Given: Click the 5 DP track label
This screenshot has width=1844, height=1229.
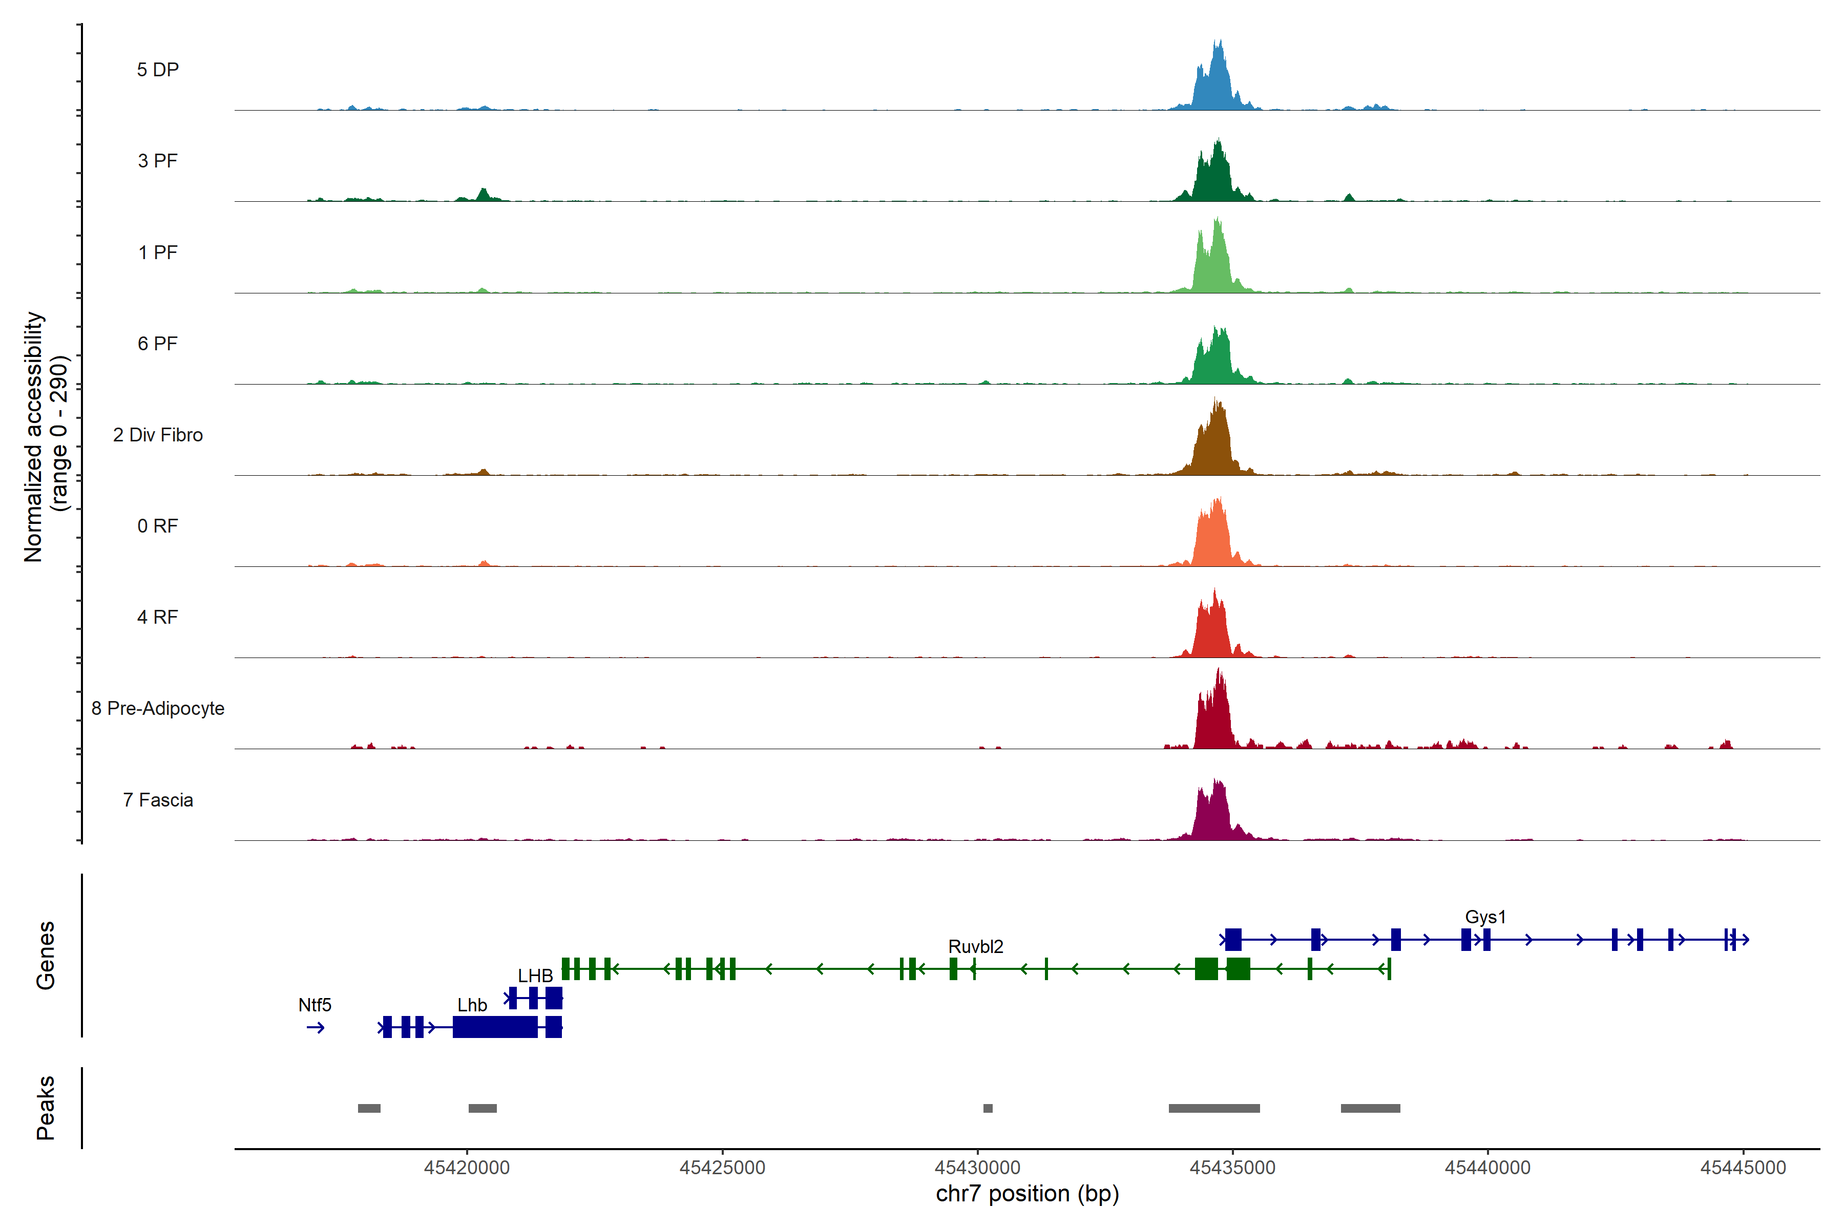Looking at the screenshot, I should point(158,70).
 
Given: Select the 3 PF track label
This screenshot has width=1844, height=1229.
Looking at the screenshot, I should point(158,161).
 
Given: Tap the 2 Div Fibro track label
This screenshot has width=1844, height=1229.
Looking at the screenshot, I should point(158,435).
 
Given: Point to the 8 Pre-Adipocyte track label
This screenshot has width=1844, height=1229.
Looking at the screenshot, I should point(158,709).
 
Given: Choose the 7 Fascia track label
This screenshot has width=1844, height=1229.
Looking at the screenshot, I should point(158,800).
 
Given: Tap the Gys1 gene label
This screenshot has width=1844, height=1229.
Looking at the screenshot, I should point(1485,917).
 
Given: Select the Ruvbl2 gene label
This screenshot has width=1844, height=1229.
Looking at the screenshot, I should point(975,947).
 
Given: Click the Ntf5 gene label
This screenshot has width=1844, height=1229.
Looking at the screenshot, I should point(315,1005).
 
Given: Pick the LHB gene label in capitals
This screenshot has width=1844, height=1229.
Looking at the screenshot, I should point(535,976).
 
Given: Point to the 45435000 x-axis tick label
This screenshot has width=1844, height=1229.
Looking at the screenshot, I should point(1232,1168).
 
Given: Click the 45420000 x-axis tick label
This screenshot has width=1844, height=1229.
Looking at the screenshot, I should point(467,1168).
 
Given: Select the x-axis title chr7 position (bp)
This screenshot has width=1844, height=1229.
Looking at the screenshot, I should point(1027,1194).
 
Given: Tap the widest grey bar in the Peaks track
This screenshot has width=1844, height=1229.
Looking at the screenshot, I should point(1213,1108).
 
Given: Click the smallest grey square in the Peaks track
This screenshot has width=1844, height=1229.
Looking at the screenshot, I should point(988,1108).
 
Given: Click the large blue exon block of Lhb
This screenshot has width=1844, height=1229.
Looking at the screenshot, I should point(495,1027).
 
